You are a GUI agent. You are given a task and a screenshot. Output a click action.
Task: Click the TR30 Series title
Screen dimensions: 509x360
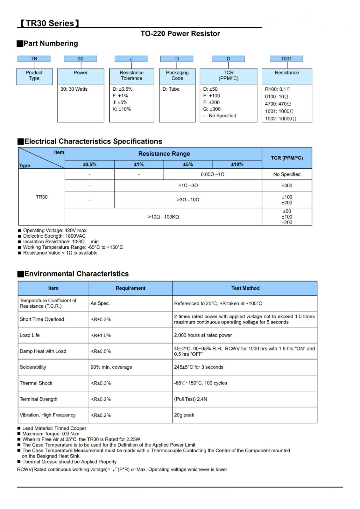50,23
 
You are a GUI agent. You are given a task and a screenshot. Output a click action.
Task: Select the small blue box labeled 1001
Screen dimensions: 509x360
286,59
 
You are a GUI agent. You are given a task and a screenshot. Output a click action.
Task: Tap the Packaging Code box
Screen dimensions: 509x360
177,76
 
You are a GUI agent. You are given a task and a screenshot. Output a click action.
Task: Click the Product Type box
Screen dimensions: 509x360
34,76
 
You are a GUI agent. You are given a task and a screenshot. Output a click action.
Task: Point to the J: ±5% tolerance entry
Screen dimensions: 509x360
120,102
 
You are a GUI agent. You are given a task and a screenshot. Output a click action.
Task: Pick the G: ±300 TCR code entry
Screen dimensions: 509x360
212,109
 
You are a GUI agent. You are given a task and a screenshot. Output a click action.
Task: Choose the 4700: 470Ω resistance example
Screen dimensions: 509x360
278,104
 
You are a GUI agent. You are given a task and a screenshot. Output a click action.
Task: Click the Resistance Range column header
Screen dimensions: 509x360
164,154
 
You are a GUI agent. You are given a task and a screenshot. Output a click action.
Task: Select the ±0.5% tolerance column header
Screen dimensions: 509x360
89,164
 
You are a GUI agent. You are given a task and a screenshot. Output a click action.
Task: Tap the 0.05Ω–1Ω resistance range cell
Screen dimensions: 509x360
212,174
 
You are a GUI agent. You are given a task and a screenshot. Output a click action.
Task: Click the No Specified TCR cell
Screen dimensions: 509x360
287,174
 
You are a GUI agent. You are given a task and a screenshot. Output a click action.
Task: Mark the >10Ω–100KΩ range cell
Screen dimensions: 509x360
163,217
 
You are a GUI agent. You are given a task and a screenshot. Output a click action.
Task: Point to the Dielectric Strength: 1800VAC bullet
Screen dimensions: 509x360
54,236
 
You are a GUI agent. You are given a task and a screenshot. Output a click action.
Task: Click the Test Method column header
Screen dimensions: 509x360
245,288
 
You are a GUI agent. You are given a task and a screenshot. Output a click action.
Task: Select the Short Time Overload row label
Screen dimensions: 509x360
42,319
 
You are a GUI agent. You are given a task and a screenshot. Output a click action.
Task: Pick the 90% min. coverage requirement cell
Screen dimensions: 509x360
111,367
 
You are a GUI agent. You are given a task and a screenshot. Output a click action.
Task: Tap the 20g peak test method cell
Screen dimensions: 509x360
184,415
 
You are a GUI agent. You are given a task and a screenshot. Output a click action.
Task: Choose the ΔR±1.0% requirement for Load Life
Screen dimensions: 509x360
101,336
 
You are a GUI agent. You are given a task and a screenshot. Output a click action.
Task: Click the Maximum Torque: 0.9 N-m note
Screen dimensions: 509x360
51,434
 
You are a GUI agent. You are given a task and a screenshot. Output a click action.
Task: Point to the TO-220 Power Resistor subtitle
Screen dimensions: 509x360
180,34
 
